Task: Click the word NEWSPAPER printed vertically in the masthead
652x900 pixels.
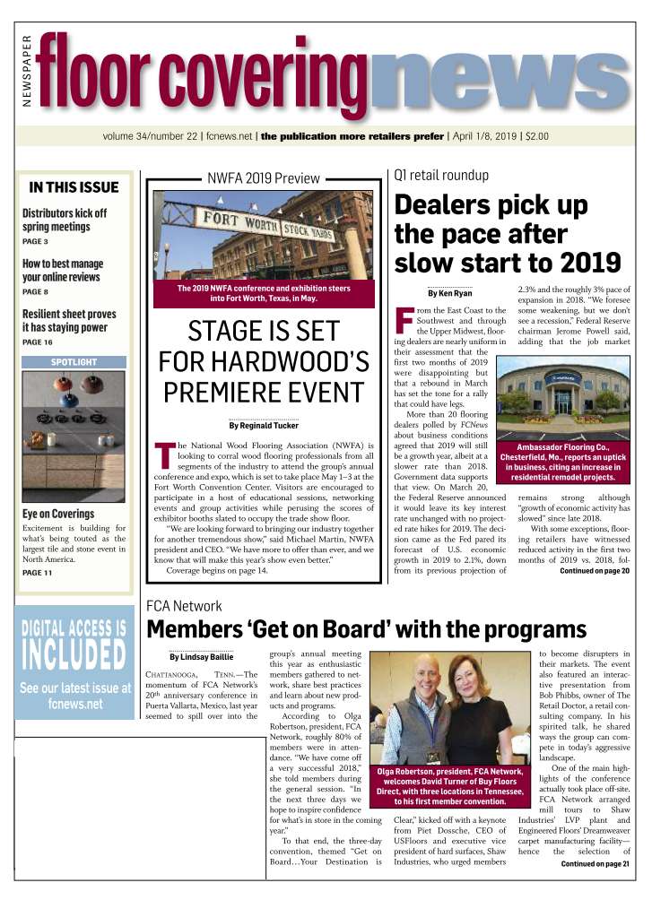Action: pyautogui.click(x=27, y=73)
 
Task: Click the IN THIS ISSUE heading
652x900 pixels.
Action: pyautogui.click(x=74, y=187)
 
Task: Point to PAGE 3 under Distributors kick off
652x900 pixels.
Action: pyautogui.click(x=36, y=241)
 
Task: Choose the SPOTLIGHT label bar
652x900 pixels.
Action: pyautogui.click(x=74, y=362)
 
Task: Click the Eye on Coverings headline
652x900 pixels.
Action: pyautogui.click(x=58, y=514)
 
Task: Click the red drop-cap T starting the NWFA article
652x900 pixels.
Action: pyautogui.click(x=164, y=454)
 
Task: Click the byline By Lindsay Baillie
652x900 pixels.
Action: pyautogui.click(x=202, y=657)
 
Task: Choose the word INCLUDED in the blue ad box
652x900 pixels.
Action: pyautogui.click(x=73, y=654)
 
